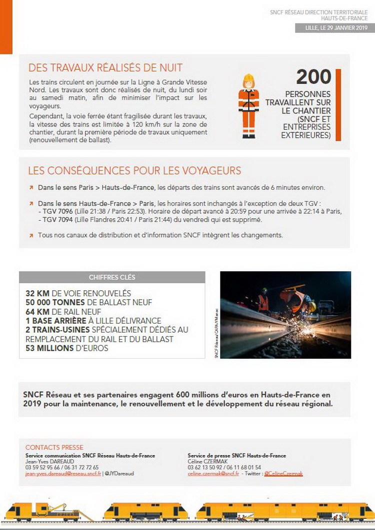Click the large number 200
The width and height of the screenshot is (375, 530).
pos(313,77)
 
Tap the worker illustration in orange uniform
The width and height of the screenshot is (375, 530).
pos(248,106)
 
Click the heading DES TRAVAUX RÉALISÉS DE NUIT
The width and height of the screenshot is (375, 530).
pos(105,68)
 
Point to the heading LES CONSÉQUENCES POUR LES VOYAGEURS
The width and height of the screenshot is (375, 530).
pos(134,171)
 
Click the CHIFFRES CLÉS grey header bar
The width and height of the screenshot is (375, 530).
pos(112,277)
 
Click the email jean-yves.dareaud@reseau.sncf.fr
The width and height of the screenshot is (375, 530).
pos(63,473)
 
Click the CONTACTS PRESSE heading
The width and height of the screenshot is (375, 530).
pos(54,447)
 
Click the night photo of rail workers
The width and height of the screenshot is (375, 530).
pos(285,315)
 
